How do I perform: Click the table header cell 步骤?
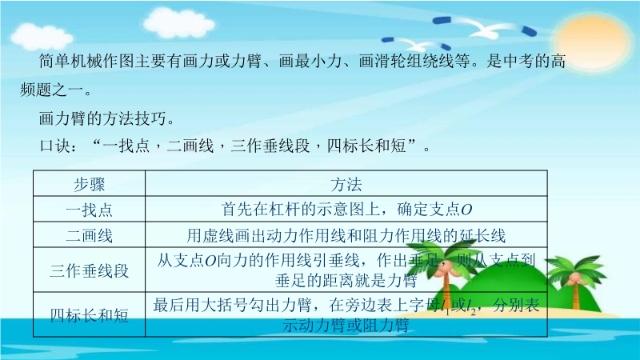[89, 184]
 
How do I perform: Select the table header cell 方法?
[346, 184]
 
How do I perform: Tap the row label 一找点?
[89, 210]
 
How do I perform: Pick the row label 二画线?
[89, 235]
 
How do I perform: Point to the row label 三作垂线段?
[89, 270]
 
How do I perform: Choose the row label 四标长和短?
[89, 315]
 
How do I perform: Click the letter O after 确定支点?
[466, 210]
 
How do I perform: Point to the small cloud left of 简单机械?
[41, 36]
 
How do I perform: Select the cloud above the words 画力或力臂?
[178, 22]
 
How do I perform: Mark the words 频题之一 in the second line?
[51, 90]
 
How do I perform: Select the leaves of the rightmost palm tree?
[576, 267]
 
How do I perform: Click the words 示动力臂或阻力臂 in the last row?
[346, 326]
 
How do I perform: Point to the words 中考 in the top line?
[518, 62]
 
